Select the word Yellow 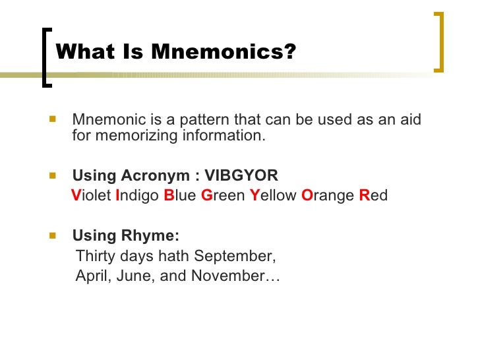coord(273,196)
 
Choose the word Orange coord(327,196)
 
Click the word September coord(235,256)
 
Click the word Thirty coord(96,256)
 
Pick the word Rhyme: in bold coord(153,236)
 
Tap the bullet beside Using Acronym coord(53,175)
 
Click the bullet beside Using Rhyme coord(53,235)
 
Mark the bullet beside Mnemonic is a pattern coord(53,121)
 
